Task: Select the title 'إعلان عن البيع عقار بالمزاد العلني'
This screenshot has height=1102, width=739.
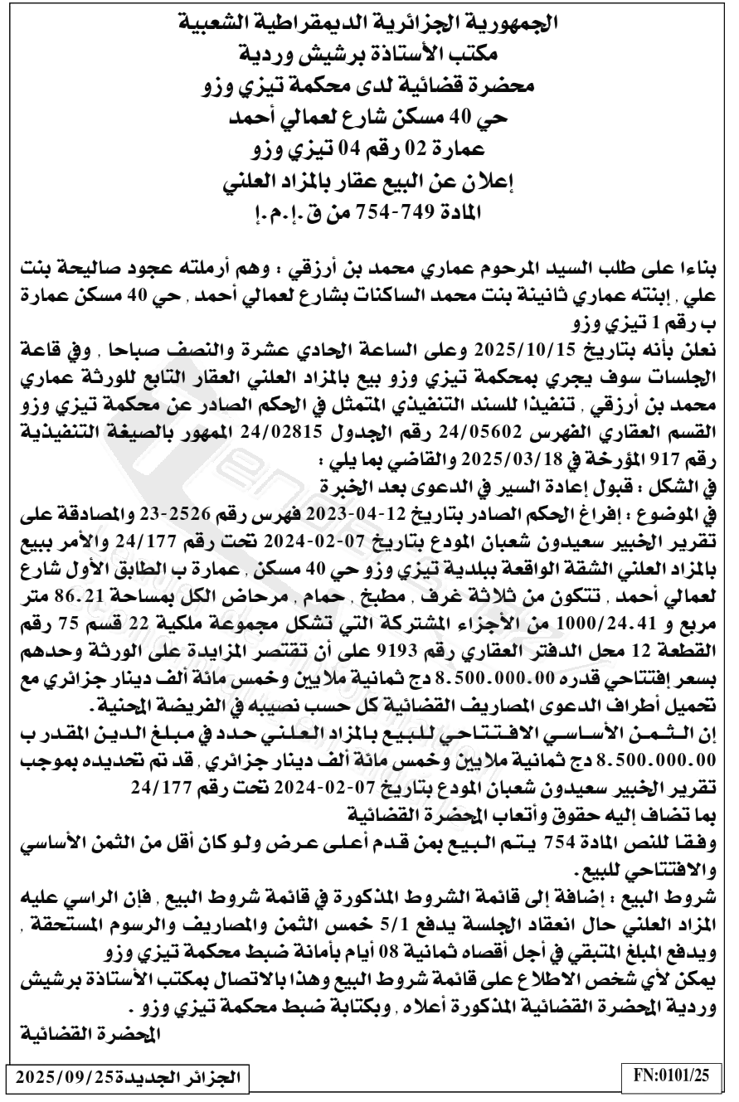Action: (369, 181)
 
